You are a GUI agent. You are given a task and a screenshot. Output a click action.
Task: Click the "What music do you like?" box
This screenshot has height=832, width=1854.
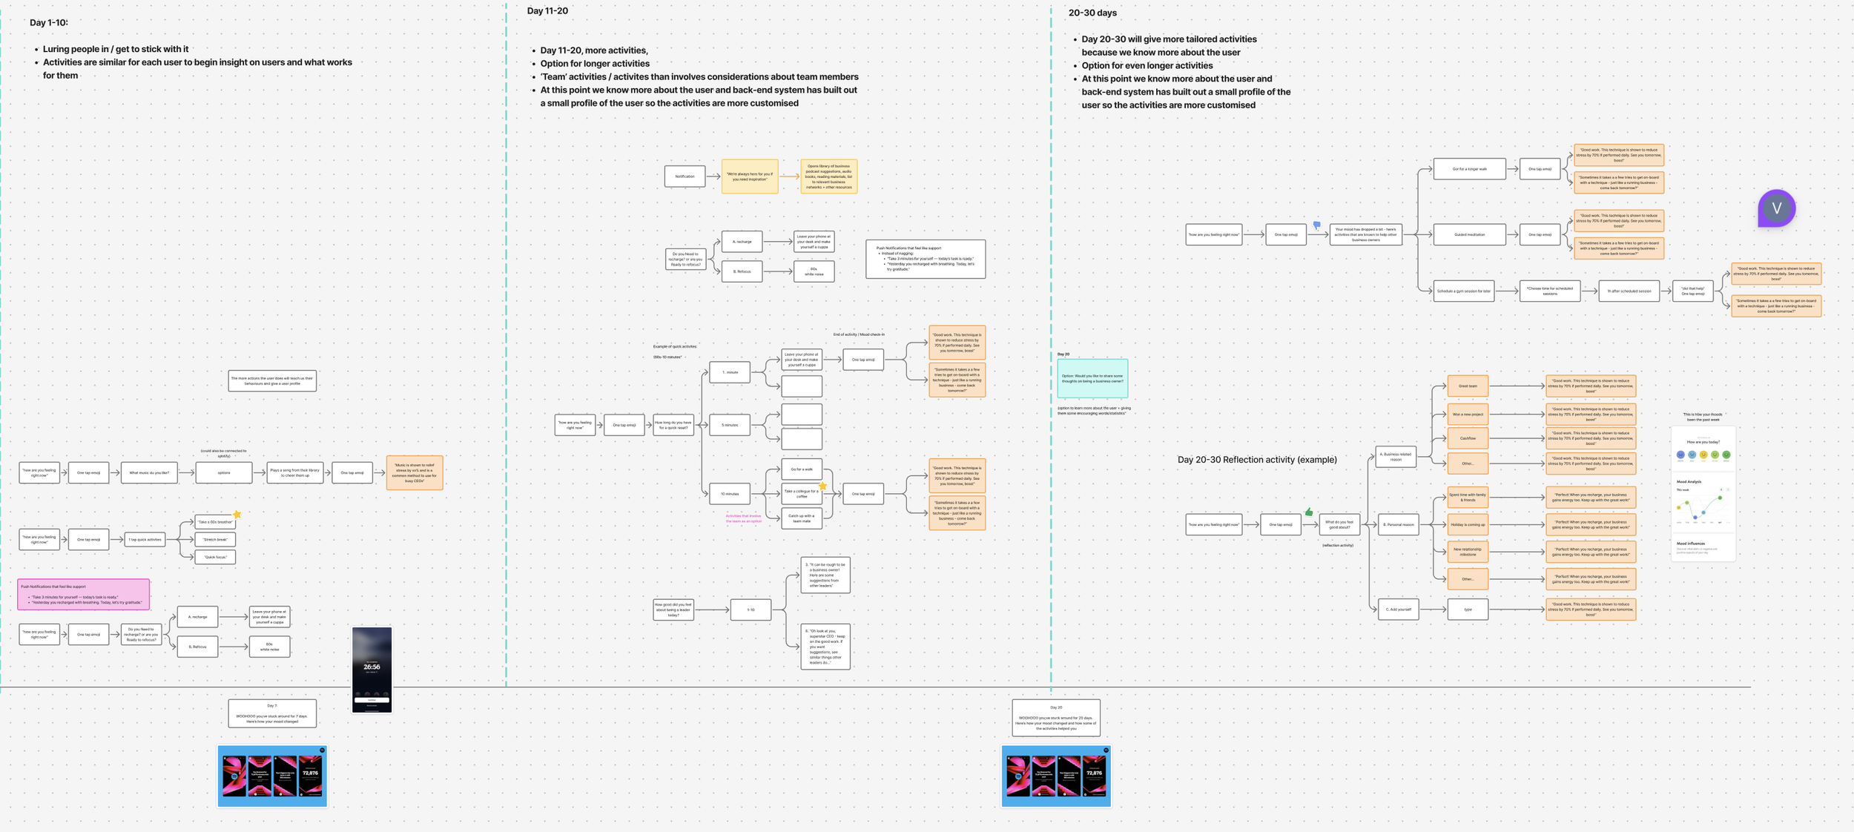[149, 472]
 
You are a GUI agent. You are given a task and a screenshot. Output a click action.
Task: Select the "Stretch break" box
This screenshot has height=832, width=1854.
[215, 540]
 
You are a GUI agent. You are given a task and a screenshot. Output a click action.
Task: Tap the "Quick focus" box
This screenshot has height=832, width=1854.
[215, 557]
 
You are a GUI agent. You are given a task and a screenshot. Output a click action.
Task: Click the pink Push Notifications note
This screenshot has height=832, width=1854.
[83, 595]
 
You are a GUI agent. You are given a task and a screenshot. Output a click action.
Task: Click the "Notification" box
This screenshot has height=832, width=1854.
[684, 176]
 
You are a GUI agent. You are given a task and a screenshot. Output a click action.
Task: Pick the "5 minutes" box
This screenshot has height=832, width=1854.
[730, 425]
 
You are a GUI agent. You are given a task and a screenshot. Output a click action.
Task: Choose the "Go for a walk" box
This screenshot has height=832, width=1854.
[801, 469]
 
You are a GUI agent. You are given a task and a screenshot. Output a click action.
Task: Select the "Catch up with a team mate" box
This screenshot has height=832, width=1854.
[801, 518]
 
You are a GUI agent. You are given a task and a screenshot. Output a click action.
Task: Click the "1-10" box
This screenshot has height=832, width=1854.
[750, 610]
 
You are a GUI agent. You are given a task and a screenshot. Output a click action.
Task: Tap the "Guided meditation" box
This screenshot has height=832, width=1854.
[1469, 234]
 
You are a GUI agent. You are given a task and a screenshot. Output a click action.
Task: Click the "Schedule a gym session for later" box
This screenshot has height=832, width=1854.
[1463, 291]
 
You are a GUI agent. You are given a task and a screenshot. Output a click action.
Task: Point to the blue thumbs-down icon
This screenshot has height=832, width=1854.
[1317, 225]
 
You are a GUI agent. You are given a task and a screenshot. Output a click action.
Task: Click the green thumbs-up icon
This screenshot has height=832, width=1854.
[1309, 512]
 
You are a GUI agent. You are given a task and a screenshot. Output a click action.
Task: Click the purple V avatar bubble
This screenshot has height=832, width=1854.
[1776, 208]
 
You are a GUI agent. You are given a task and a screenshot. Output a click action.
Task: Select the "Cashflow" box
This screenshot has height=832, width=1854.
[1468, 438]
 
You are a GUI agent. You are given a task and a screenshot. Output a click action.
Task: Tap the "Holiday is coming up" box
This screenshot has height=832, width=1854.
[1468, 524]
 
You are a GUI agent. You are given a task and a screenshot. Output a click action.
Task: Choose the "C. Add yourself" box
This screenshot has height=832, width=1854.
[1398, 610]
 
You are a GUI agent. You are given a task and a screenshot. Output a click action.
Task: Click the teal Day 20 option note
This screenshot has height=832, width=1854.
[1092, 378]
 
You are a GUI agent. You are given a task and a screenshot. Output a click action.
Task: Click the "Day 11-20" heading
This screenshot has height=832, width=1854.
[547, 11]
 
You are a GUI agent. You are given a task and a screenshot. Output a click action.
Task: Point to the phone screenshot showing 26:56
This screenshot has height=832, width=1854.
[372, 670]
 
